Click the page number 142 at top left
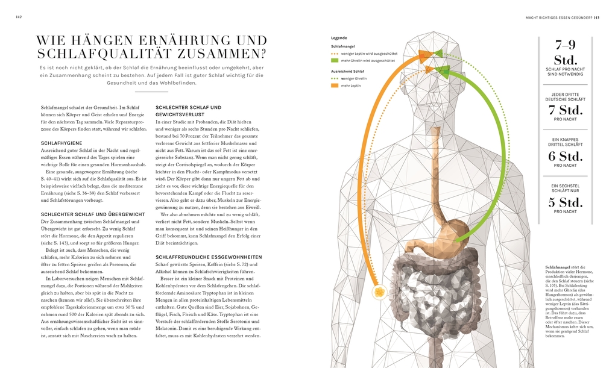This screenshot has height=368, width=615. tap(19, 17)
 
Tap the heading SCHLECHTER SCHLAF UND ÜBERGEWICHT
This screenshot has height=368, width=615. tap(92, 214)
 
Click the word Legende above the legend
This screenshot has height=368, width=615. tap(339, 38)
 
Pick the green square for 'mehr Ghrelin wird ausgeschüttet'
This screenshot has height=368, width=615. tap(335, 61)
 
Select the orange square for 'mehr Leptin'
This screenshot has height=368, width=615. tap(335, 86)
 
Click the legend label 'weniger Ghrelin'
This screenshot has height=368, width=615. tap(354, 79)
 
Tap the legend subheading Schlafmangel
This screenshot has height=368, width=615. tap(342, 46)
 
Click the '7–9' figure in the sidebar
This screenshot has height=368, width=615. tap(566, 45)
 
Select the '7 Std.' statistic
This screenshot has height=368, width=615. tap(566, 110)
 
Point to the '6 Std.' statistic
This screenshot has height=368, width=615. tap(566, 156)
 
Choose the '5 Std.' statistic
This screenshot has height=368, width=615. tap(566, 202)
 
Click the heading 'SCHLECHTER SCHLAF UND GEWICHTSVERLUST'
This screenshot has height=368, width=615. tap(189, 111)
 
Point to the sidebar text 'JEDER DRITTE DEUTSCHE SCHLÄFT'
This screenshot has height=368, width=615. tap(565, 97)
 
